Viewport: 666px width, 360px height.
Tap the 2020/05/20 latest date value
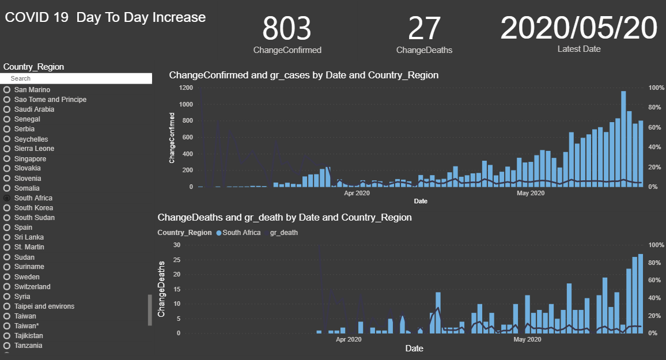(578, 28)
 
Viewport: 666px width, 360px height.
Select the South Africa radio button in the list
(7, 198)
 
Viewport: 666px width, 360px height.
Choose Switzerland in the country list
(32, 287)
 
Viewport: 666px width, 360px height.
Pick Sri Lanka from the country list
(29, 237)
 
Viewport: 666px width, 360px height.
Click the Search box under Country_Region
(78, 78)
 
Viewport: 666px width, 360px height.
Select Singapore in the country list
(30, 159)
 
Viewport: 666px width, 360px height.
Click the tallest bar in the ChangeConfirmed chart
(623, 138)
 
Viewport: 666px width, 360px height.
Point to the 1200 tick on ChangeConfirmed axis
(186, 88)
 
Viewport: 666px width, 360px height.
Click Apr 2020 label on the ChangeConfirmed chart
(357, 193)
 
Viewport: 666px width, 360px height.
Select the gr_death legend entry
(283, 233)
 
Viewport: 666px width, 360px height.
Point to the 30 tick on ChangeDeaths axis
(177, 245)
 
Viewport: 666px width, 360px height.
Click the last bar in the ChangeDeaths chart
(641, 293)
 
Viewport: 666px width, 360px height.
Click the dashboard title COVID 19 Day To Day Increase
(105, 17)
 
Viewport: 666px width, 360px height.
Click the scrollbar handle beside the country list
(150, 310)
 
